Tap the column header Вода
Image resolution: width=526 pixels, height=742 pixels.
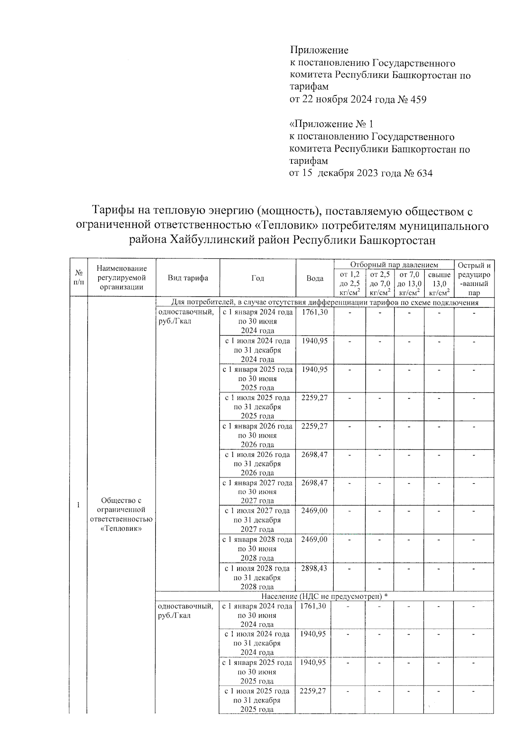point(315,279)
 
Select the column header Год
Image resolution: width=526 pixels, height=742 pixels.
point(258,278)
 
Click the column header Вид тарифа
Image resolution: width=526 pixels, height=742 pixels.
point(188,278)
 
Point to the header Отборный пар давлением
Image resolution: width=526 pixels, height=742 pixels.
point(394,265)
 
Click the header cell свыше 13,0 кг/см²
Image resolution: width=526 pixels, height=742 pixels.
point(439,284)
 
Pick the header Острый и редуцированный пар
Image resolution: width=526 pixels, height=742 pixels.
point(474,279)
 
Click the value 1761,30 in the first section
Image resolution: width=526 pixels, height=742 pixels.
point(315,312)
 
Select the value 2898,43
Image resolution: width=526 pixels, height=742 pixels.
point(314,568)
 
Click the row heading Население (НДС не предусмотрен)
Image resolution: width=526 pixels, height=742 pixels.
point(324,596)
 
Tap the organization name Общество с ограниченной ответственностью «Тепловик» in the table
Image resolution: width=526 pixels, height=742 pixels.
point(121,514)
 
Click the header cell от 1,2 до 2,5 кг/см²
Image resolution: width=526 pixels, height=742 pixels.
point(349,284)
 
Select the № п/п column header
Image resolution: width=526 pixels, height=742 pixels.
point(78,278)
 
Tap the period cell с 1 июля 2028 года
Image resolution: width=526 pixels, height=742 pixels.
point(257,568)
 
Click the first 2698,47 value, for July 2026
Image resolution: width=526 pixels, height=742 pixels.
point(314,455)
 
